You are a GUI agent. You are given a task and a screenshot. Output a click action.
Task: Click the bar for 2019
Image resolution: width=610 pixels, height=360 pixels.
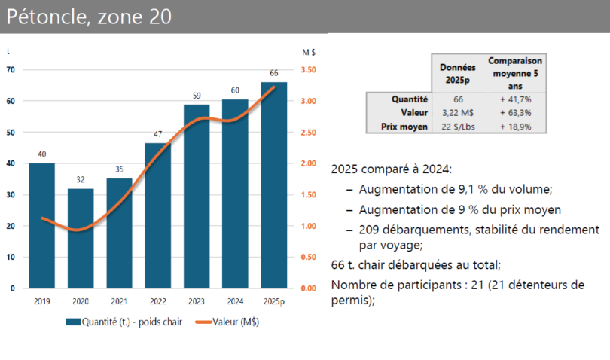42,225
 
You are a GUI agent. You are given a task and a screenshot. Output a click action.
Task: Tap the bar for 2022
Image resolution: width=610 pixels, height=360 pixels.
158,215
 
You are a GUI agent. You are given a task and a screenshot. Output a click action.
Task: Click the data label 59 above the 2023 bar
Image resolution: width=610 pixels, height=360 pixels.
197,96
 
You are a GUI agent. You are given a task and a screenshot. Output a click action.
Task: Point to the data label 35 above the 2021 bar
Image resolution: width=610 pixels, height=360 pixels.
119,170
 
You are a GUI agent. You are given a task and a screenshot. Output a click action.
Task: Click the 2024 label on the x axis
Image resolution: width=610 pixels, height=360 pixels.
235,301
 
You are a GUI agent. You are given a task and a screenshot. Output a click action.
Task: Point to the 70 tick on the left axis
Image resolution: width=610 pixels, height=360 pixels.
11,70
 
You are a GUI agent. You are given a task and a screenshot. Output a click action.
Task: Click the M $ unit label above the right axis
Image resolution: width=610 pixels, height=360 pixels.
308,52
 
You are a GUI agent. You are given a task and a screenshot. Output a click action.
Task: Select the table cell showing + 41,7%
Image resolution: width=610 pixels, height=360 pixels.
515,99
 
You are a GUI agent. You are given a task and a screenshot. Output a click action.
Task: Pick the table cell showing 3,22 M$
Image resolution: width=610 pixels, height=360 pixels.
457,113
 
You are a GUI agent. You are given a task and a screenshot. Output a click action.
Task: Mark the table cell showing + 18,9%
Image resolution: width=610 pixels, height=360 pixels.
515,127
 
